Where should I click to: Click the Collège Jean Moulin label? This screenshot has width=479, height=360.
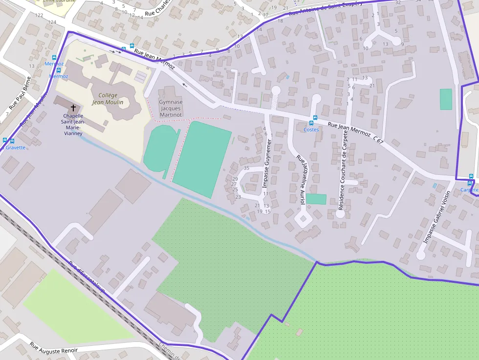click(108, 99)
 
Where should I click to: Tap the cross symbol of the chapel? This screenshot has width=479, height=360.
click(73, 107)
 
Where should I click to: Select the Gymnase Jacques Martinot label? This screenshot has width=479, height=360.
click(171, 108)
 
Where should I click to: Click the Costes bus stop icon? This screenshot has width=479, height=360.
click(315, 118)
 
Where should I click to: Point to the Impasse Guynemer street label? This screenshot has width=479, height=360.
click(266, 164)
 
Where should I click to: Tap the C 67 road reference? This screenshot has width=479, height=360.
click(378, 140)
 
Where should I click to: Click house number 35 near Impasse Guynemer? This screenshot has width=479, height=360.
click(246, 168)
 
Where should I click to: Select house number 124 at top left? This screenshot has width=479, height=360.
click(52, 22)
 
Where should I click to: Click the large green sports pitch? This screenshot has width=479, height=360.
click(201, 158)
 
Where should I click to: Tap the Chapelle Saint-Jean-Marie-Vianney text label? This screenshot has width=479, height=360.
click(72, 125)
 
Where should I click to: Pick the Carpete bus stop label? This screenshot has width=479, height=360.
click(470, 190)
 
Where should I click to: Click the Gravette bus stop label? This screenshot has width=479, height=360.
click(15, 148)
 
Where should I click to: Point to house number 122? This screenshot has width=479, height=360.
click(39, 16)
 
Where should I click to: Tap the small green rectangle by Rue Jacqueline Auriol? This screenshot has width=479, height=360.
click(316, 199)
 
